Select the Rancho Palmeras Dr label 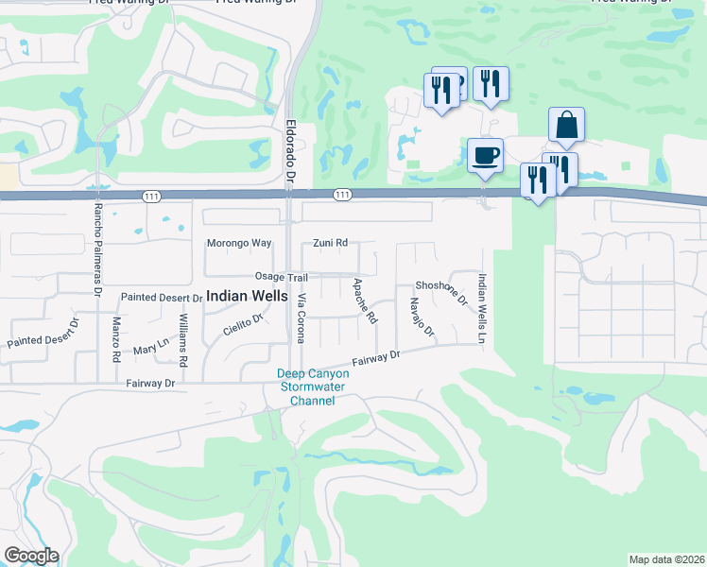pos(96,248)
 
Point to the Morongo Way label pos(239,243)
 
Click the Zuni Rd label pos(331,243)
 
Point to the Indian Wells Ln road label pos(482,308)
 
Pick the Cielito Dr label pos(242,324)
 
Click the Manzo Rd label pos(115,340)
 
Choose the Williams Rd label pos(183,348)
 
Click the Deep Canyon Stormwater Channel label pos(313,387)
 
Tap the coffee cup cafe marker pos(485,154)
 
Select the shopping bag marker pos(565,125)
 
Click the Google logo pos(31,556)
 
